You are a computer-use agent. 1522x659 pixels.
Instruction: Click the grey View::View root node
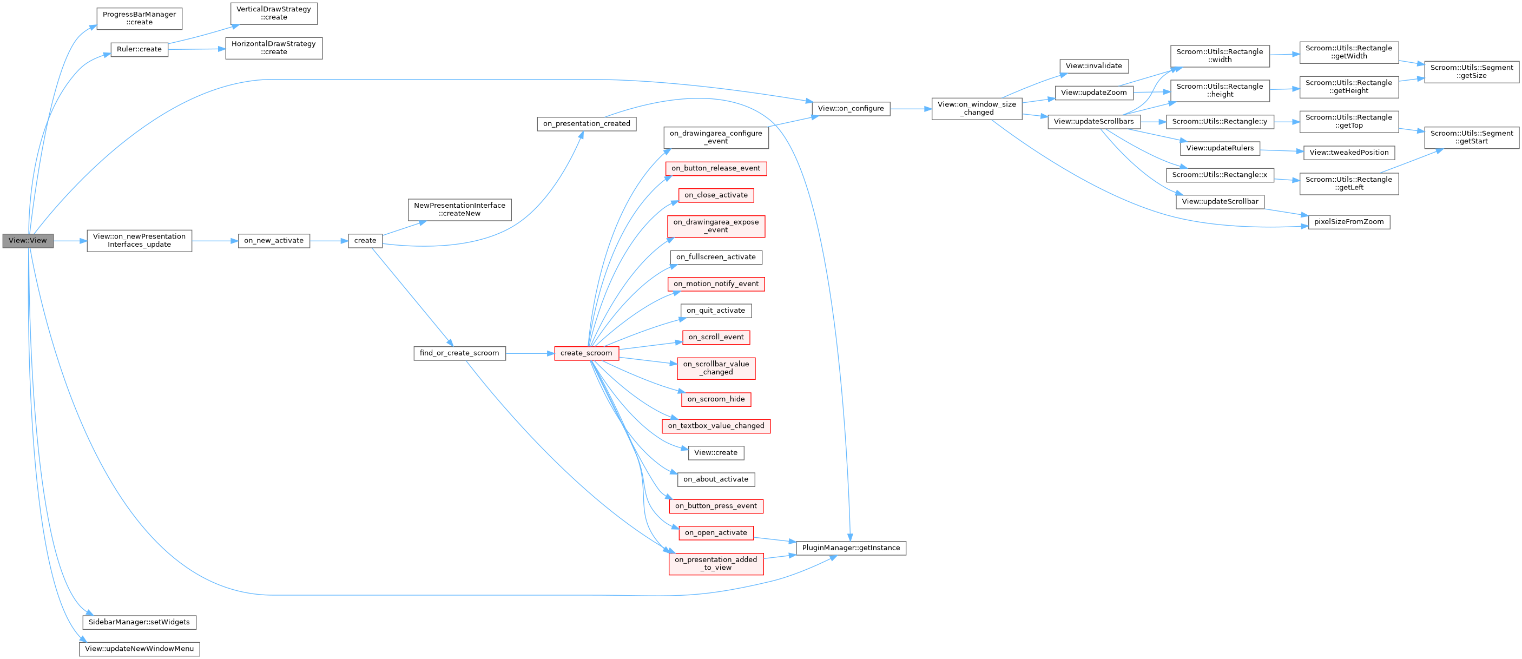(x=28, y=241)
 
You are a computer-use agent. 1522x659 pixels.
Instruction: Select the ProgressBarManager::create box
(x=139, y=18)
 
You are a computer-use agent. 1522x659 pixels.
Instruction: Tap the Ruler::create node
(x=139, y=49)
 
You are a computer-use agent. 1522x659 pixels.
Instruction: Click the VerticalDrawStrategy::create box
(x=274, y=13)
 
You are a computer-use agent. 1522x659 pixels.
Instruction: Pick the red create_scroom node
(x=586, y=353)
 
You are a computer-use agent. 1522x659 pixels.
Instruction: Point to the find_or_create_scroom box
(x=459, y=353)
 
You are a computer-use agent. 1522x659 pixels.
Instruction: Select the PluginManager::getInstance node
(x=851, y=548)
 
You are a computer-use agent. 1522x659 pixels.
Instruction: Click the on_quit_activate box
(x=715, y=310)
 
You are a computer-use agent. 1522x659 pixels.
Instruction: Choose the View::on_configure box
(x=851, y=108)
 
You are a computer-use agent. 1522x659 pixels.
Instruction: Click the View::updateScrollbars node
(x=1093, y=121)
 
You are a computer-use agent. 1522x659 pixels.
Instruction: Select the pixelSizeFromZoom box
(x=1349, y=222)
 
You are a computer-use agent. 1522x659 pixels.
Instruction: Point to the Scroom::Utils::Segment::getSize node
(x=1471, y=71)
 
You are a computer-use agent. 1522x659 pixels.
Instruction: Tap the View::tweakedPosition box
(x=1349, y=152)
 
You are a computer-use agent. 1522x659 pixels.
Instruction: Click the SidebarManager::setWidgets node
(x=139, y=622)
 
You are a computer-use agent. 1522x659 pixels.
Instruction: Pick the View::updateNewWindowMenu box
(x=139, y=648)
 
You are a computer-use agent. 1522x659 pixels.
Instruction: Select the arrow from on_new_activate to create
(x=328, y=241)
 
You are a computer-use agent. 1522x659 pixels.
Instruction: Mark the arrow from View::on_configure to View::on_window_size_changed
(x=911, y=109)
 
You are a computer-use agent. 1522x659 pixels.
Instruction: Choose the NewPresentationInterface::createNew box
(x=459, y=209)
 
